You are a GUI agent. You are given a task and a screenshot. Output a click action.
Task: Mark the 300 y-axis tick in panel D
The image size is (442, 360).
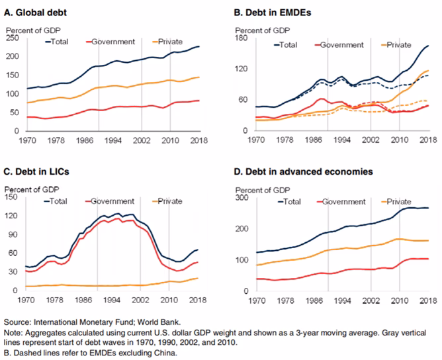pos(239,198)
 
